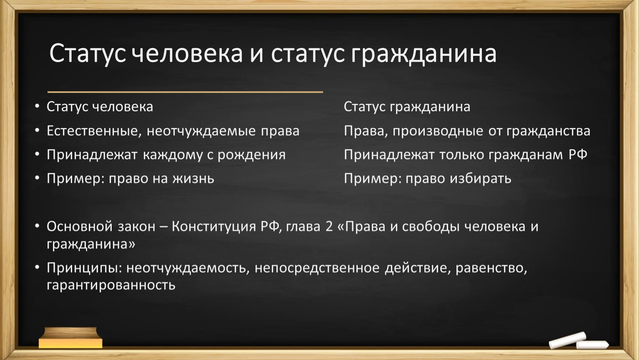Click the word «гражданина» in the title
click(423, 55)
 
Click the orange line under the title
click(185, 92)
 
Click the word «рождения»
click(251, 155)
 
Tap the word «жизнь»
click(193, 179)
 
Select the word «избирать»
click(481, 179)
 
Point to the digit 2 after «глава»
click(329, 227)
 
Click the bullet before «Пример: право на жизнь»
click(37, 178)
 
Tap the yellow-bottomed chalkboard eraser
click(70, 338)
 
